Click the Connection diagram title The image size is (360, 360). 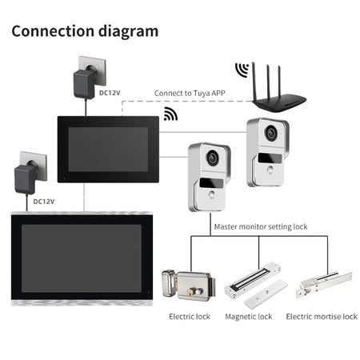84,32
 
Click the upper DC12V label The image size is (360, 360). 110,92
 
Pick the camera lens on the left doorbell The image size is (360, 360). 213,159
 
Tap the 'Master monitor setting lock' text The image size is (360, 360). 261,226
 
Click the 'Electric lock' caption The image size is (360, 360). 190,317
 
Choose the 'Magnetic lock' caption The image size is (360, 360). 249,317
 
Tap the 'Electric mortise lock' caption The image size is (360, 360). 322,317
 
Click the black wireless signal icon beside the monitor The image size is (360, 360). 170,114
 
